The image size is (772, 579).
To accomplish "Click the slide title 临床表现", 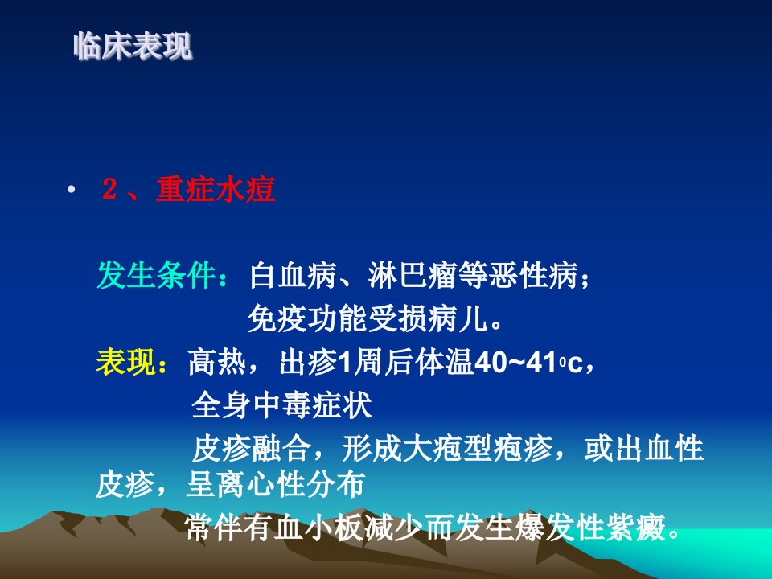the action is pos(133,47).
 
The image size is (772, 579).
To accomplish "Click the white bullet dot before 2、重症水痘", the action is pos(72,189).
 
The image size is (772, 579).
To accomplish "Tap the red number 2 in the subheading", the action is pos(109,188).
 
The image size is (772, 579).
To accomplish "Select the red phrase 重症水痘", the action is pos(216,189).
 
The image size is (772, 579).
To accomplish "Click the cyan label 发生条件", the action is pos(157,275).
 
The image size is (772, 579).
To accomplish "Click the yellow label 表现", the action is pos(126,363).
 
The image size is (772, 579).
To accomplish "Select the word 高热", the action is pos(217,363).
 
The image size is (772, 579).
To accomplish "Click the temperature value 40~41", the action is pos(515,363).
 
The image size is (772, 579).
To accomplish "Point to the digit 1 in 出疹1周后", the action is pos(346,363).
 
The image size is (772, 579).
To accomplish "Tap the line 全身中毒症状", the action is pos(281,405).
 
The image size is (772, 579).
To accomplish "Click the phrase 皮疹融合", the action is pos(252,448).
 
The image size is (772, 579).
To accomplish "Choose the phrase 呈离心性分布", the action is pos(276,484).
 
